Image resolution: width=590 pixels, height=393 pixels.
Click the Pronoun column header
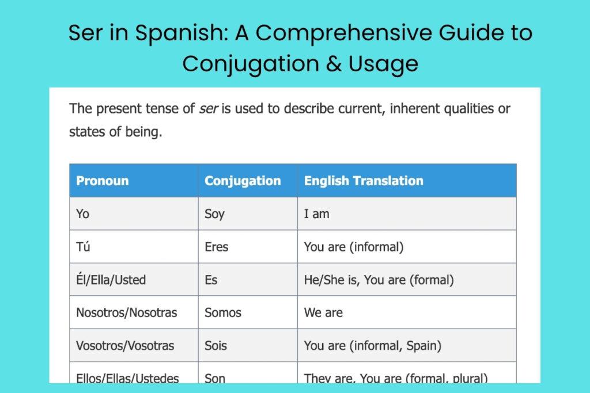[102, 181]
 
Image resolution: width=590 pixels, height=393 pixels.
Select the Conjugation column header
[243, 181]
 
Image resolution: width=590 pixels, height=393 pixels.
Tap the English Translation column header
[364, 181]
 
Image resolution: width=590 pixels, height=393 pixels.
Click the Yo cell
[83, 214]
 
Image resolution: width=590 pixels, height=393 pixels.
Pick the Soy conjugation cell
[214, 214]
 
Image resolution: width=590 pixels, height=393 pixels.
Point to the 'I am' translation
[317, 214]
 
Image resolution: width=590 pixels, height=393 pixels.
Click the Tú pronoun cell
[84, 247]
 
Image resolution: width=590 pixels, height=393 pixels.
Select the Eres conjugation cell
[217, 247]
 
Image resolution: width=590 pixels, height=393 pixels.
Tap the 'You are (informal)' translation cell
[354, 247]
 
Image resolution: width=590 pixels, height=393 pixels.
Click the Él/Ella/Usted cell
[111, 280]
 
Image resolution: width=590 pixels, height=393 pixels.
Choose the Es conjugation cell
[211, 280]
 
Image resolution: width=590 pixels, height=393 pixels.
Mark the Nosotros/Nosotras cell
[127, 313]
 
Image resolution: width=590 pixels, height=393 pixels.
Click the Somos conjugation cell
[223, 313]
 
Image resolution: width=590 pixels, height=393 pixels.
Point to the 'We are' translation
[323, 313]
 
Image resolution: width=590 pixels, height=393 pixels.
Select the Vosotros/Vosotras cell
[125, 346]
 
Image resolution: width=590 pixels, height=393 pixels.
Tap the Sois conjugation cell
[216, 346]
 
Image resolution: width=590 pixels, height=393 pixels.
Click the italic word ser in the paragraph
[207, 109]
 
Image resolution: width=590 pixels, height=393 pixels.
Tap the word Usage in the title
[383, 63]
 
